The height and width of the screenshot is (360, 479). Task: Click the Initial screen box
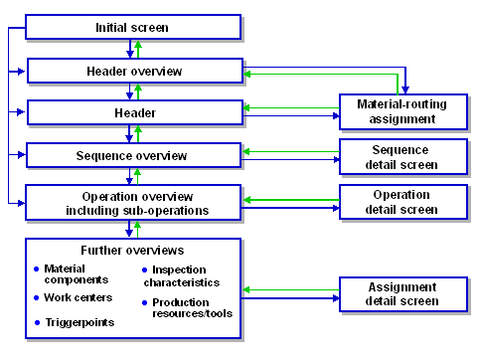(x=132, y=27)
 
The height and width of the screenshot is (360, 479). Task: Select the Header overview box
(x=134, y=71)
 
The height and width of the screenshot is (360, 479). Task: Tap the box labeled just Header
(x=133, y=113)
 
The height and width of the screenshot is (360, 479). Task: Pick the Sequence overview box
(x=133, y=156)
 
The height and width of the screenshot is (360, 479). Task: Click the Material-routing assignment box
(x=402, y=111)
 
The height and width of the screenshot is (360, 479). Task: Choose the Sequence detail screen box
(x=403, y=156)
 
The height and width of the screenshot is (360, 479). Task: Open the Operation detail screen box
(x=403, y=202)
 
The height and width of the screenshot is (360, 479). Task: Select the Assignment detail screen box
(x=403, y=293)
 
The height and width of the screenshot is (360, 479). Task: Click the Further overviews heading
(x=133, y=250)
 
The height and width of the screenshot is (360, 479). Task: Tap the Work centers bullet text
(x=79, y=297)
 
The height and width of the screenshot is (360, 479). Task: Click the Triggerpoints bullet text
(x=80, y=322)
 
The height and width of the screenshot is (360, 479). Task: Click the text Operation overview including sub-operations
(x=133, y=202)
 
